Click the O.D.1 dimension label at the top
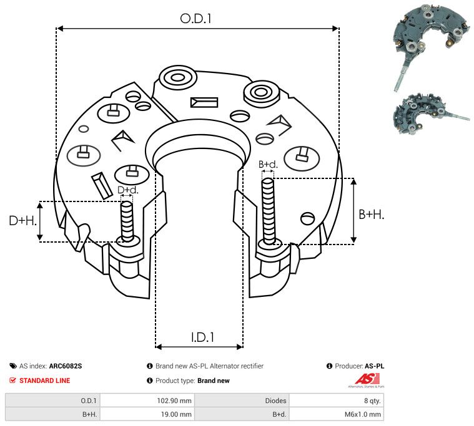pos(196,19)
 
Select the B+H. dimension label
pos(371,214)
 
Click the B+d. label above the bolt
pos(268,165)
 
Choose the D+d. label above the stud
pos(127,190)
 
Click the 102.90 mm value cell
pos(177,400)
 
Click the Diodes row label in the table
pos(275,400)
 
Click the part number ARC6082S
pos(65,366)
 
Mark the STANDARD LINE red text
pos(44,380)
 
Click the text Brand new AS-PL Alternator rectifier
pos(209,366)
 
